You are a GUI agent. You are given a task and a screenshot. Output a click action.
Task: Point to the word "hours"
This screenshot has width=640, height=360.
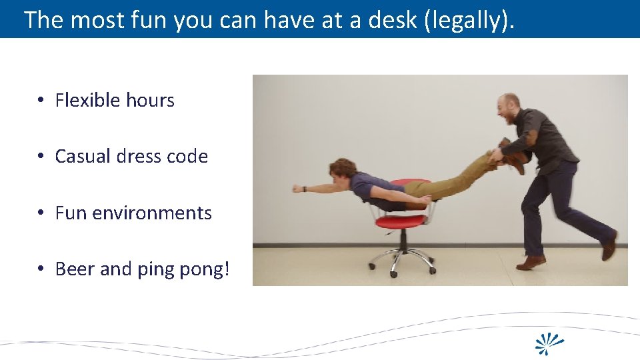(x=150, y=101)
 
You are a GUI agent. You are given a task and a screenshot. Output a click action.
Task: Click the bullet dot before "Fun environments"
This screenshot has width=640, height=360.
(x=41, y=213)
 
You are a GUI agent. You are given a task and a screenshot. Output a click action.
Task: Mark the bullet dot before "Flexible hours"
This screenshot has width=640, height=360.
(x=41, y=101)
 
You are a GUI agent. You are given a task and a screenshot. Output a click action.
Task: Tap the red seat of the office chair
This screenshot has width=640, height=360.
(x=400, y=221)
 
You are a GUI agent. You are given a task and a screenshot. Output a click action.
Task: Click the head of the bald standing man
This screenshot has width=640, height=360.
(x=509, y=109)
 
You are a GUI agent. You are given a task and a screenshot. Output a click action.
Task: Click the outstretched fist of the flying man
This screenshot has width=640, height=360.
(x=297, y=189)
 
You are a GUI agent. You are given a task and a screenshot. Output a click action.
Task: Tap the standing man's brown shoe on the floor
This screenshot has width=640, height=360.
(x=531, y=263)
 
